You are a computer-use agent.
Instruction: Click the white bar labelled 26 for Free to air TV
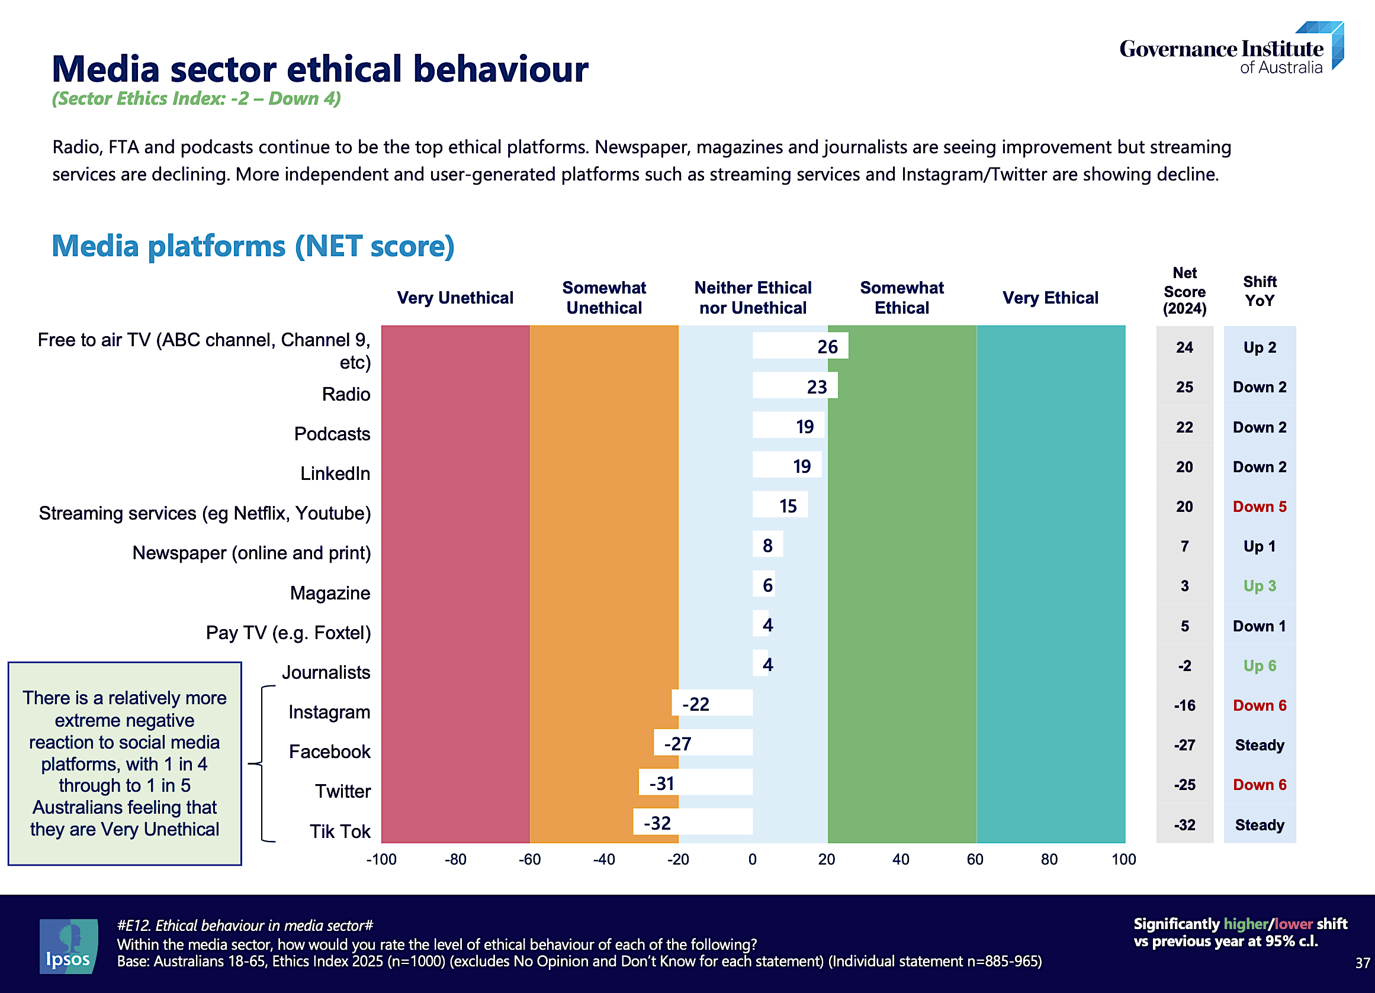(799, 346)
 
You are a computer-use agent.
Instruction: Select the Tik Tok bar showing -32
(692, 822)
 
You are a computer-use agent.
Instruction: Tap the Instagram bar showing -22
(712, 704)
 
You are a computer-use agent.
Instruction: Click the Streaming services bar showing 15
(780, 505)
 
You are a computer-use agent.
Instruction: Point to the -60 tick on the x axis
(529, 859)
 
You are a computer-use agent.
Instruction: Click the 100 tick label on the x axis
(1123, 859)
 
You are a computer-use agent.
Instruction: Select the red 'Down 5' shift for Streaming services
(1259, 507)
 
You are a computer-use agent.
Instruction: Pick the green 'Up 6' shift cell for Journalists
(1259, 665)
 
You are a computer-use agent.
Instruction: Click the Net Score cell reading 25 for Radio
(1184, 387)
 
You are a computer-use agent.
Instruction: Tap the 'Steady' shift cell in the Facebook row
(1259, 744)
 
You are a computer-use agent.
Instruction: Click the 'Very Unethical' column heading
(455, 298)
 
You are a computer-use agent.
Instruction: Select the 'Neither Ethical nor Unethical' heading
(753, 298)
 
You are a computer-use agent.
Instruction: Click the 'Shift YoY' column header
(1259, 291)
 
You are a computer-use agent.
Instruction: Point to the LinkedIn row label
(335, 473)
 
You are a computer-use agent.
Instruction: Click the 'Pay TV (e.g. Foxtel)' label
(288, 633)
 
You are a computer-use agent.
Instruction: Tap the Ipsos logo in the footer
(68, 946)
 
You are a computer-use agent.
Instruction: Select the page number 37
(1362, 963)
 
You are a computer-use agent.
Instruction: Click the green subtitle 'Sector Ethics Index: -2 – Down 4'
(197, 99)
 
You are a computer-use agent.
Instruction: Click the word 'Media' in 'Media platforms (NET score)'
(95, 247)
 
